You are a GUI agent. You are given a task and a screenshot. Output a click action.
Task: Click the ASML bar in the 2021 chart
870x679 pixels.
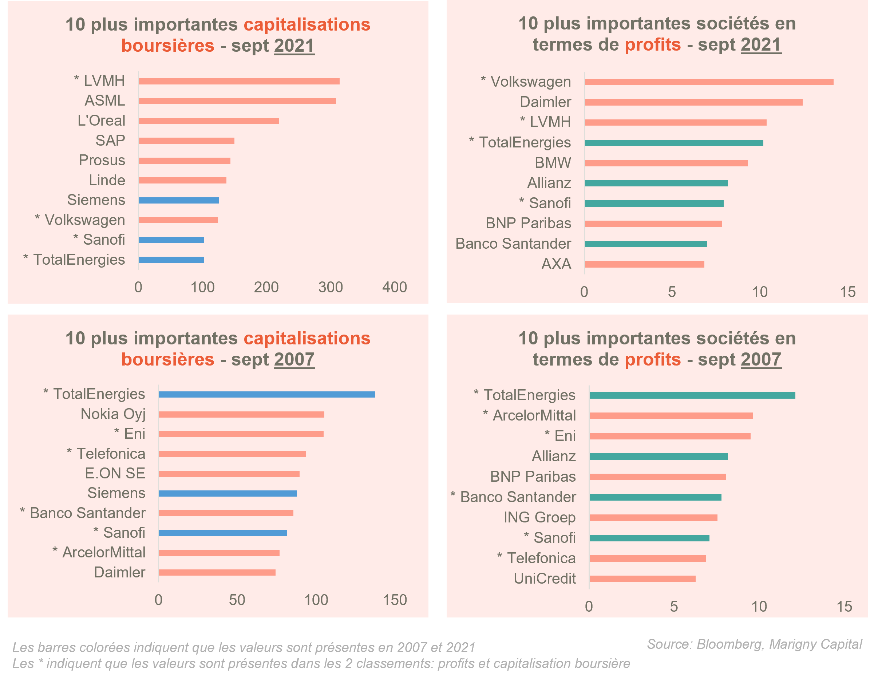pos(237,101)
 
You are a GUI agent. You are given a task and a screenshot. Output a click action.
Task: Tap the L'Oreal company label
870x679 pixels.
pos(101,121)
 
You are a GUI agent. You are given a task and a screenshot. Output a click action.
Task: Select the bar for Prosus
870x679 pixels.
pos(185,161)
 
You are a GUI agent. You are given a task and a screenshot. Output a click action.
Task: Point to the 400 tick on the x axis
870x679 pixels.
pos(394,287)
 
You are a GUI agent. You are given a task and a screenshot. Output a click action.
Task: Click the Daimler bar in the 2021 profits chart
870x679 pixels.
pos(693,102)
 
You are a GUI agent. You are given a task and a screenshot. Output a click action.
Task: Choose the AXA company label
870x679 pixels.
pos(556,264)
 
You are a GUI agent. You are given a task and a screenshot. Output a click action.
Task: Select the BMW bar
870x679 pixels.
pos(666,163)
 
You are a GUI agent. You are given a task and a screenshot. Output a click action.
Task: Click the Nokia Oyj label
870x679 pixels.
pos(113,414)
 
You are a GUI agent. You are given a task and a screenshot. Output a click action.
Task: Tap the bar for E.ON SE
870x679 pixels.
pos(229,474)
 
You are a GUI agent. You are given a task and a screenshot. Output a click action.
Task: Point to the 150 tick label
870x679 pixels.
pos(395,600)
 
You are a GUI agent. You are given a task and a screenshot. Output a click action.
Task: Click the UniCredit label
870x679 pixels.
pos(545,579)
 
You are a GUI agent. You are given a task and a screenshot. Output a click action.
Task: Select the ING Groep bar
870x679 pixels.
pos(653,518)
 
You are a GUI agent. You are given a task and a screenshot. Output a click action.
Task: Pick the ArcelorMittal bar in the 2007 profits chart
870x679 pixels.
pos(671,416)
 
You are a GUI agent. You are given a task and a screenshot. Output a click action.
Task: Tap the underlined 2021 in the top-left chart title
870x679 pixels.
pos(294,46)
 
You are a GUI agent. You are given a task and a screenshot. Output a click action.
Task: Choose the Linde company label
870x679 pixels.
pos(107,181)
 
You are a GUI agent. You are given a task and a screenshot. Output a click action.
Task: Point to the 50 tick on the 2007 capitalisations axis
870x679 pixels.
pos(237,600)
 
